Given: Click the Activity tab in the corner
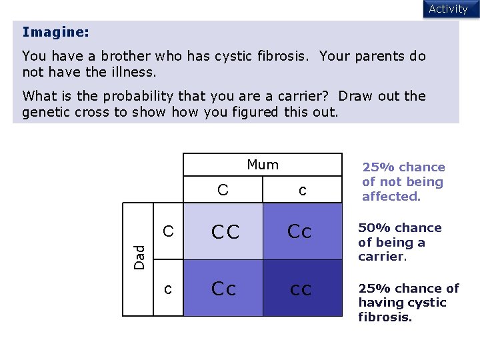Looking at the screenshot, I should click(x=448, y=9).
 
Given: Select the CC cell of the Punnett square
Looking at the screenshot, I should click(x=225, y=232).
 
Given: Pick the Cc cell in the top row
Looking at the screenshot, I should click(x=300, y=232).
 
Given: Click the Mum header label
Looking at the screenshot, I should click(x=263, y=165).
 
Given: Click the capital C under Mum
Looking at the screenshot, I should click(x=223, y=190).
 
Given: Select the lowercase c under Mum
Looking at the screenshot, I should click(x=302, y=191).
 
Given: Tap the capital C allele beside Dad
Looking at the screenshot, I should click(x=169, y=232).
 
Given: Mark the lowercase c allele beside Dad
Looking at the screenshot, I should click(x=169, y=289).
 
